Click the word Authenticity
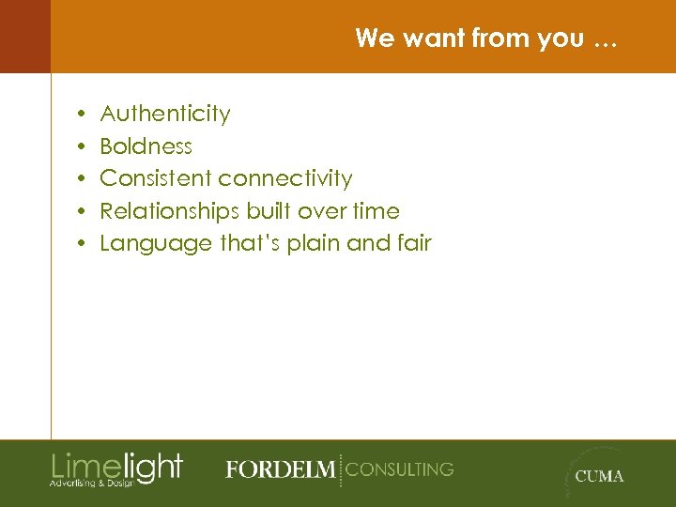pyautogui.click(x=165, y=115)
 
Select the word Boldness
pyautogui.click(x=146, y=146)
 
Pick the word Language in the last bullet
pyautogui.click(x=156, y=244)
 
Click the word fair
pyautogui.click(x=414, y=243)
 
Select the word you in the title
pyautogui.click(x=560, y=39)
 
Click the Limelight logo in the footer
pyautogui.click(x=116, y=466)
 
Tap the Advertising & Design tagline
pyautogui.click(x=92, y=483)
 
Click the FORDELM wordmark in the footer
pyautogui.click(x=280, y=469)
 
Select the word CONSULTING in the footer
pyautogui.click(x=400, y=469)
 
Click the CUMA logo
pyautogui.click(x=598, y=475)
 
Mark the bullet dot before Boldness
pyautogui.click(x=83, y=146)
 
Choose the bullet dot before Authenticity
pyautogui.click(x=83, y=115)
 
